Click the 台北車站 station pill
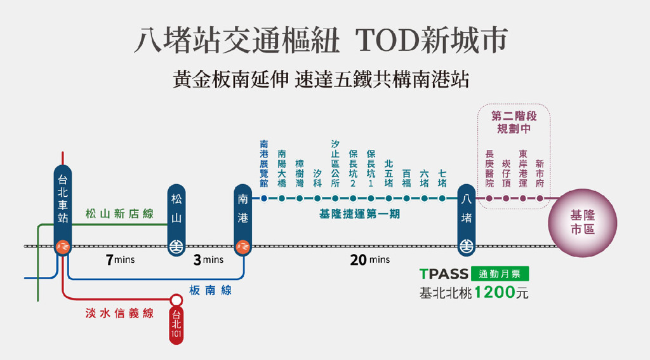(63, 210)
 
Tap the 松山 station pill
(176, 220)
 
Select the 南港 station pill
(243, 220)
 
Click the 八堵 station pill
(467, 220)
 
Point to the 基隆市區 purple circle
(583, 223)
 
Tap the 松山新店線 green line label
(119, 213)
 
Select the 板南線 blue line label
(210, 290)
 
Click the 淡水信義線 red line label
(119, 313)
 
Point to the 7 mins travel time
(120, 260)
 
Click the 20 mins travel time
(370, 260)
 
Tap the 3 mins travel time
(208, 260)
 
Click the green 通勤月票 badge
(500, 274)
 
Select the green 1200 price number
(494, 293)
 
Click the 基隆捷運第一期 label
(359, 214)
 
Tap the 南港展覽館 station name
(264, 164)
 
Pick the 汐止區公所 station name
(335, 164)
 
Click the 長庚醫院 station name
(489, 169)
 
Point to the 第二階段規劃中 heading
(514, 122)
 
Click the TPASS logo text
(444, 274)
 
